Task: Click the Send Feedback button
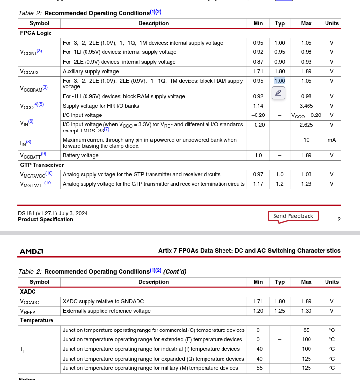(293, 216)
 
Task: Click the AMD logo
(32, 251)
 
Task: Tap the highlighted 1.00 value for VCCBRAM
(280, 81)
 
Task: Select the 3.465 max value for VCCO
(306, 106)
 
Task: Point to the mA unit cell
(332, 140)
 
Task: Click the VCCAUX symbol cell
(30, 72)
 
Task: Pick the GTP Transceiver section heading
(42, 165)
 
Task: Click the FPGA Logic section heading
(35, 33)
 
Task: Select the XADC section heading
(28, 292)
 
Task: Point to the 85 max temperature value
(306, 330)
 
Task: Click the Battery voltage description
(81, 156)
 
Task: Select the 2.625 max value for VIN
(306, 125)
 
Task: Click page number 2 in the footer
(339, 219)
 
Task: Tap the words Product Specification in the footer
(46, 219)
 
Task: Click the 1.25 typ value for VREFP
(280, 311)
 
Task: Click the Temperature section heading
(36, 320)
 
